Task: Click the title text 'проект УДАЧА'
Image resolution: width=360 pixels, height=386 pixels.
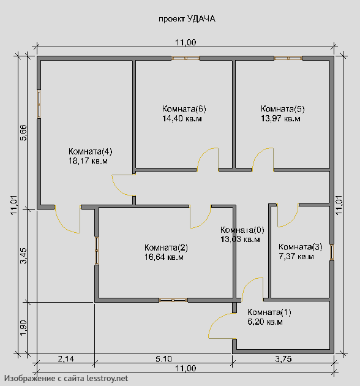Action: (187, 19)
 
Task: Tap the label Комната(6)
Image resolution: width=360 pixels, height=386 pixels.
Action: (184, 108)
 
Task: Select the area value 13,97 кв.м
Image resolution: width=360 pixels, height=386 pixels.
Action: (280, 119)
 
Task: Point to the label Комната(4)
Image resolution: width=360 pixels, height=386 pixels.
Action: (91, 151)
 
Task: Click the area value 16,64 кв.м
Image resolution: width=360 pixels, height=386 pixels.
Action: (164, 257)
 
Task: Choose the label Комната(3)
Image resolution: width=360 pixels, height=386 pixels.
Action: (300, 247)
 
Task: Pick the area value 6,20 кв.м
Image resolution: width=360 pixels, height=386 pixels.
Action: (265, 322)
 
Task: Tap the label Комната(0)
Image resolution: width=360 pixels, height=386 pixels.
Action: (242, 230)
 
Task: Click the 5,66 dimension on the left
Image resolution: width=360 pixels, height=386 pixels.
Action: (24, 133)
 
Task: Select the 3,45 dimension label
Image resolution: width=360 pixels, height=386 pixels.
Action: (24, 255)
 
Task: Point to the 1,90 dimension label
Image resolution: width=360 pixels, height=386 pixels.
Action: (24, 328)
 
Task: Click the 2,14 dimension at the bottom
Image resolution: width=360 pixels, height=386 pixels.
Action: (66, 359)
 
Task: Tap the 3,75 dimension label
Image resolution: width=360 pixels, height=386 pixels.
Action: (283, 359)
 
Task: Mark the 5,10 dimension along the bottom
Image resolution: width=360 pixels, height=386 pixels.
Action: (163, 359)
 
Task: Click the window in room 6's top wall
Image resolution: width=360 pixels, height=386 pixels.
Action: (186, 58)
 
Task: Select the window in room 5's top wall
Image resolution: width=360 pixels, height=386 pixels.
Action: (288, 58)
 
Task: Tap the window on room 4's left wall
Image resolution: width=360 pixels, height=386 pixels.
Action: (39, 104)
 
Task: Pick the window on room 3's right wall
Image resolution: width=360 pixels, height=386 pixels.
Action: (332, 252)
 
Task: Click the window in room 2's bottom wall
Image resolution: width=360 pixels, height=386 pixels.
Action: (173, 300)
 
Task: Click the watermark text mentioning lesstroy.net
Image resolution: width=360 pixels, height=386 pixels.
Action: (66, 378)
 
